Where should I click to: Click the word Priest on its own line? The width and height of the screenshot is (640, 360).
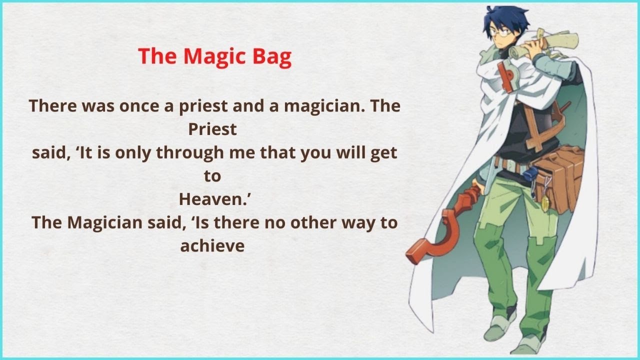212,129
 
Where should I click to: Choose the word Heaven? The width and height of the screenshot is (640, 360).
212,199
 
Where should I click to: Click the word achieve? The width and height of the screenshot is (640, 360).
212,245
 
